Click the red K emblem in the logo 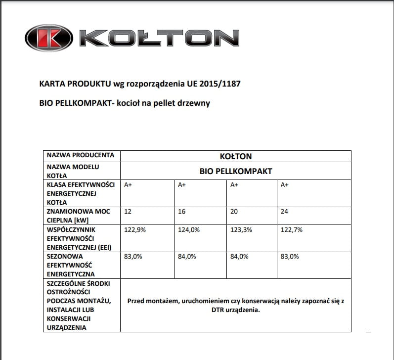tap(49, 39)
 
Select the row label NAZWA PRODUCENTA tap(81, 155)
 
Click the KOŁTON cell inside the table tap(236, 156)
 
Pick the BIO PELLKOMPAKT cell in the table tap(236, 171)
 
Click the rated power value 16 tap(181, 212)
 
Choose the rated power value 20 tap(234, 212)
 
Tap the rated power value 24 tap(284, 212)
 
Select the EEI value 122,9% tap(134, 230)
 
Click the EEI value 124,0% tap(188, 230)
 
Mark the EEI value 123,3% tap(241, 230)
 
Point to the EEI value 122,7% tap(291, 230)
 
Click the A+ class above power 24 tap(284, 185)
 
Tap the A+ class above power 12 tap(128, 185)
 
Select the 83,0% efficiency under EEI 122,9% tap(132, 257)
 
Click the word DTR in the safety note tap(213, 310)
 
